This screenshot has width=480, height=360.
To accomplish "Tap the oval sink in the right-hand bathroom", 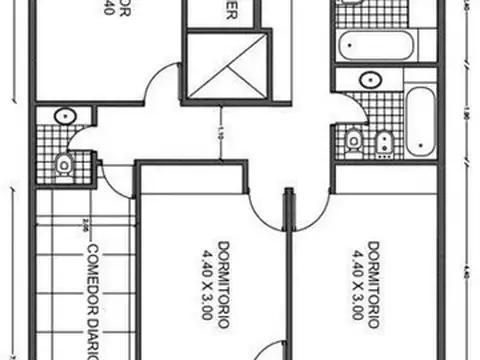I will click(371, 80).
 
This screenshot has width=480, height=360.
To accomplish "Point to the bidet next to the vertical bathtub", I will click(382, 143).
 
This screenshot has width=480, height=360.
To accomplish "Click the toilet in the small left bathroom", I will click(63, 162).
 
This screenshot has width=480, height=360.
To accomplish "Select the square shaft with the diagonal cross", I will click(229, 66).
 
